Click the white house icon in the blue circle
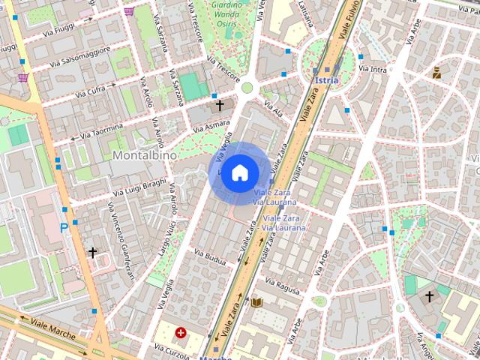tap(239, 172)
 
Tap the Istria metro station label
tap(327, 79)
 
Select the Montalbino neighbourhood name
tap(145, 154)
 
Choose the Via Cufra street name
tap(91, 91)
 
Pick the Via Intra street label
tap(373, 70)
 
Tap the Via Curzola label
tap(171, 349)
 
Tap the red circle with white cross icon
tap(181, 332)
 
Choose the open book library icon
tap(256, 302)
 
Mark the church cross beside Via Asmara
tap(220, 106)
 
